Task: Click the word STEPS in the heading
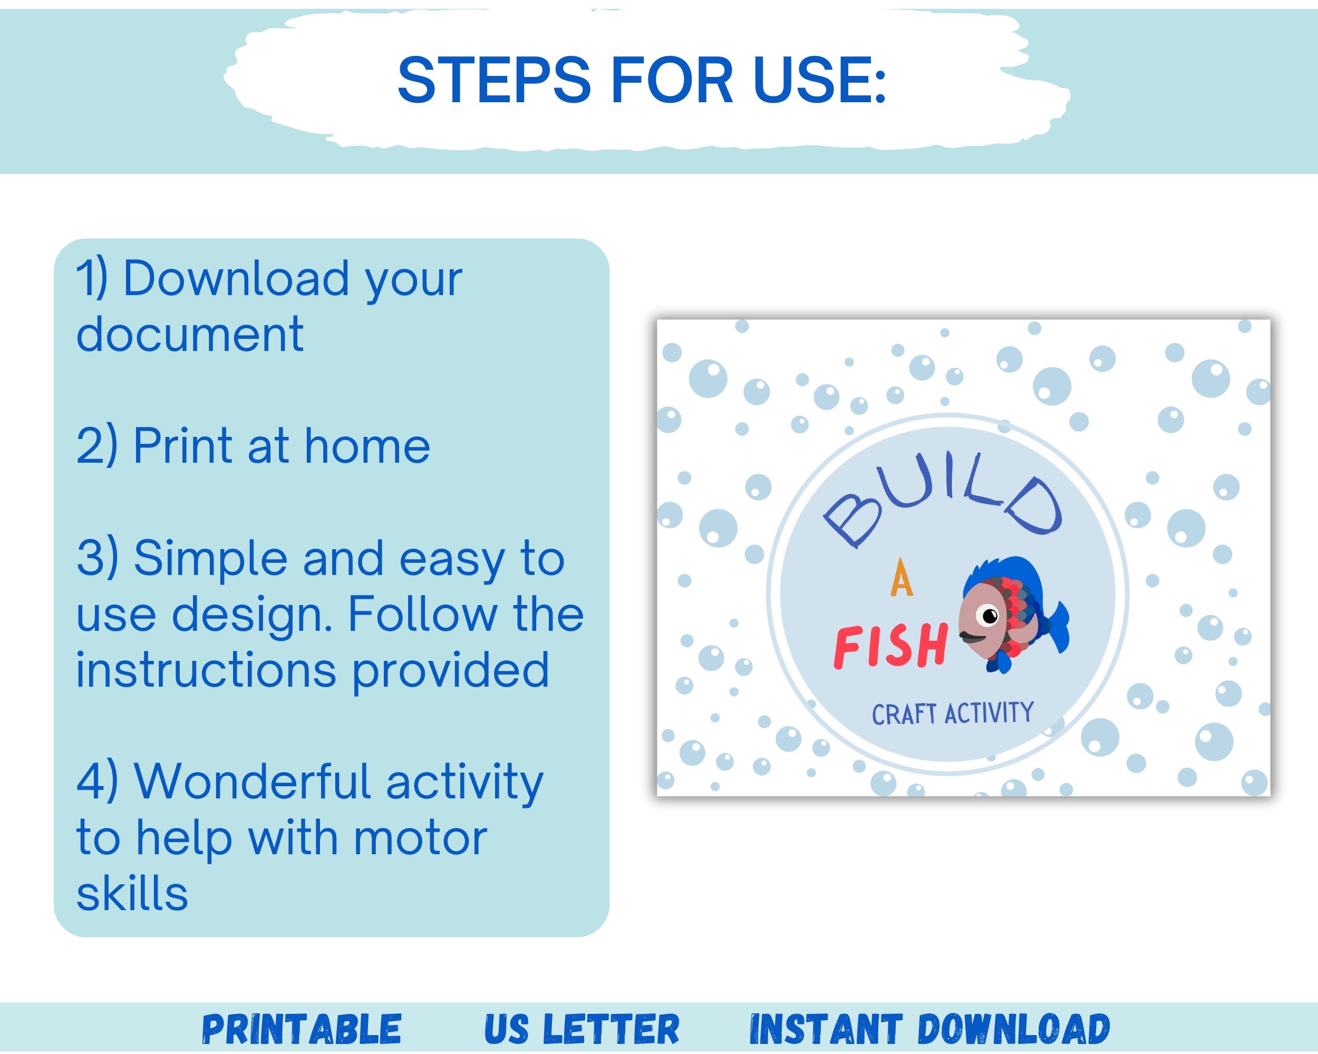pyautogui.click(x=494, y=80)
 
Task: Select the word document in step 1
pyautogui.click(x=189, y=334)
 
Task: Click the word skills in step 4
pyautogui.click(x=132, y=893)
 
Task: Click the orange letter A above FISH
pyautogui.click(x=902, y=579)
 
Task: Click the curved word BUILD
pyautogui.click(x=942, y=498)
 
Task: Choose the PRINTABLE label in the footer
pyautogui.click(x=302, y=1030)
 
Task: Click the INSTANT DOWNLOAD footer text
pyautogui.click(x=929, y=1030)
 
